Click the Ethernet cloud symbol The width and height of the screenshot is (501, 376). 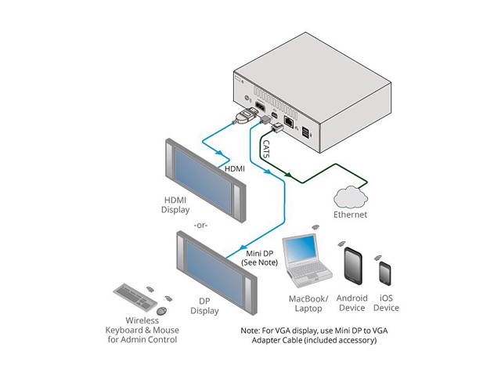pyautogui.click(x=349, y=195)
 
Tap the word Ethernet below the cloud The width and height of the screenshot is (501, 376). pyautogui.click(x=350, y=214)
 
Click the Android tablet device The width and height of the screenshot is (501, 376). pyautogui.click(x=351, y=267)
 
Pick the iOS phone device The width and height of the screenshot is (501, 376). pyautogui.click(x=385, y=273)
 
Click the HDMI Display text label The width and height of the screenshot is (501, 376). pyautogui.click(x=175, y=204)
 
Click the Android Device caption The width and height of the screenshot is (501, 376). pyautogui.click(x=351, y=303)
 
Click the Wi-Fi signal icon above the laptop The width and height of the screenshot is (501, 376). pyautogui.click(x=315, y=227)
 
